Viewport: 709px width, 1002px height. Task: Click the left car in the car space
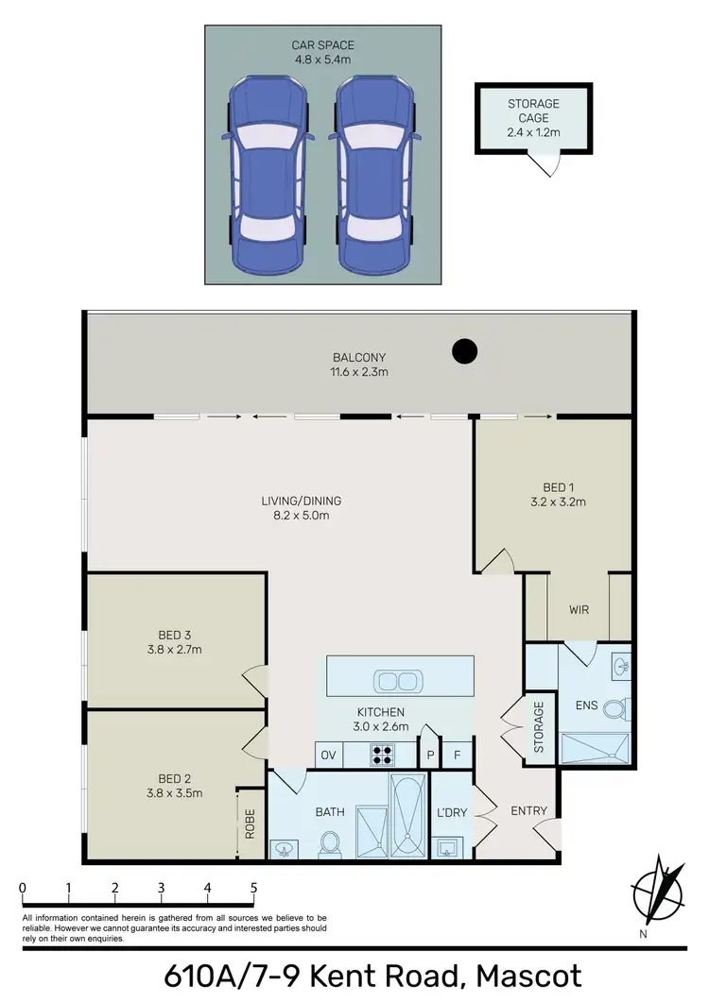tap(268, 176)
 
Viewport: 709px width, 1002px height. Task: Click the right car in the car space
tap(375, 176)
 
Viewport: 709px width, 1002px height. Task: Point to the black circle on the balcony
tap(463, 351)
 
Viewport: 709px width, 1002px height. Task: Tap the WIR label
tap(579, 610)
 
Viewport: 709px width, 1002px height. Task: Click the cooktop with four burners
tap(384, 755)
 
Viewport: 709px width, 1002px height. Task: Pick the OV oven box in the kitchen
tap(329, 755)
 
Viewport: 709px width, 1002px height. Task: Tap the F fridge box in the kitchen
tap(458, 755)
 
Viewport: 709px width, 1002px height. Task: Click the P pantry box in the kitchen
tap(429, 755)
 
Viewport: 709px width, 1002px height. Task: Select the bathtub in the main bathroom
tap(408, 816)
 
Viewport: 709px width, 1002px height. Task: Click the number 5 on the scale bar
tap(253, 889)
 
